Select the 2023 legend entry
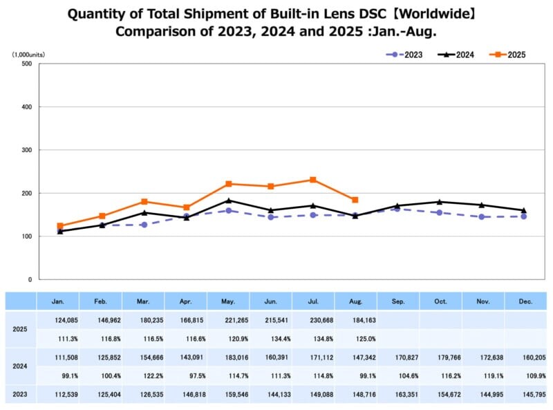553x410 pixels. pyautogui.click(x=407, y=55)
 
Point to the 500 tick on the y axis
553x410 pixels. pyautogui.click(x=28, y=64)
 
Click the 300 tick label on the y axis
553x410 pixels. pyautogui.click(x=28, y=150)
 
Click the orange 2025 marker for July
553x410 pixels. pyautogui.click(x=313, y=180)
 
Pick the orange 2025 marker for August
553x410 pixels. pyautogui.click(x=355, y=200)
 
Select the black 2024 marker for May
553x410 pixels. pyautogui.click(x=229, y=201)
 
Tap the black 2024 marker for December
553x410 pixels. pyautogui.click(x=524, y=210)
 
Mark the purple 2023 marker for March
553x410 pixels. pyautogui.click(x=144, y=225)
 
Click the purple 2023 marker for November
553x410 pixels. pyautogui.click(x=481, y=217)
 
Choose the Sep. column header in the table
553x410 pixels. pyautogui.click(x=398, y=301)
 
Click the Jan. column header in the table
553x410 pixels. pyautogui.click(x=58, y=301)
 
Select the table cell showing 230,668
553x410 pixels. pyautogui.click(x=313, y=321)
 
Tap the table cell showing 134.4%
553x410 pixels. pyautogui.click(x=271, y=339)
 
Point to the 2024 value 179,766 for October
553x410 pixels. pyautogui.click(x=441, y=357)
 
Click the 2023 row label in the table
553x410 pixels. pyautogui.click(x=21, y=394)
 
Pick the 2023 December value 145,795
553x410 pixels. pyautogui.click(x=525, y=394)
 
